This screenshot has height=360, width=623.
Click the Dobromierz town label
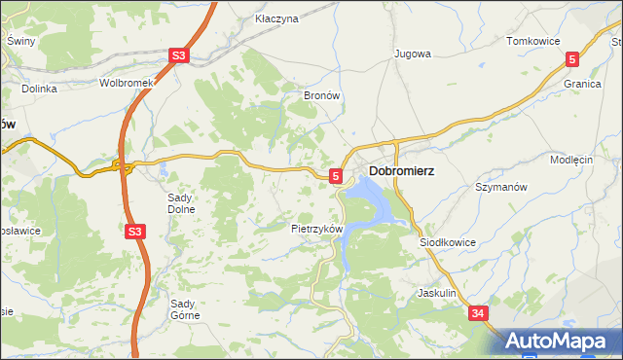(401, 170)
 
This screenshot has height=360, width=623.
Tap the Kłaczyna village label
(275, 18)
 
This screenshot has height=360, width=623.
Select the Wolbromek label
(128, 83)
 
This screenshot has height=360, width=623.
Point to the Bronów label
(321, 96)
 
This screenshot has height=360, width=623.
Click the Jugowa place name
(412, 54)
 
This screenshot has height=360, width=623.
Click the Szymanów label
(500, 186)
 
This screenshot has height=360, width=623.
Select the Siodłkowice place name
(448, 242)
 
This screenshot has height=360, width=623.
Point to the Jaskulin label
(436, 292)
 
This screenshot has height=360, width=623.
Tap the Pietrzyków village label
(317, 229)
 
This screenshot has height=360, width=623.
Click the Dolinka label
(39, 89)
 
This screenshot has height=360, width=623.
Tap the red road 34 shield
(477, 313)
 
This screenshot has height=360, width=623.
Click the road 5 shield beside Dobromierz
(336, 176)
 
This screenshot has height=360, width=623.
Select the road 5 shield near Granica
(572, 59)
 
